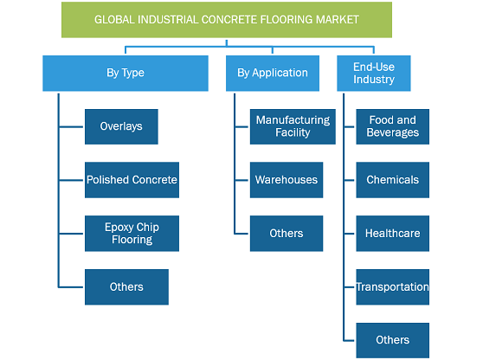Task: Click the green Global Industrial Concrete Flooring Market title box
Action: [227, 20]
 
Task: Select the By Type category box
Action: [126, 74]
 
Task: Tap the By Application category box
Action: [273, 74]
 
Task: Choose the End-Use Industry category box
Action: [374, 74]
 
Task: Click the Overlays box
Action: [121, 126]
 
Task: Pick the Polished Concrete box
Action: [132, 180]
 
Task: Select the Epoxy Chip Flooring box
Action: [132, 234]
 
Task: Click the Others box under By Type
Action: [126, 287]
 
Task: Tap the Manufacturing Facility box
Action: [293, 126]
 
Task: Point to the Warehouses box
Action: [287, 180]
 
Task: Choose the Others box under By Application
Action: [287, 234]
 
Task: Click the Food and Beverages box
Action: [393, 126]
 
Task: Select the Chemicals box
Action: [393, 180]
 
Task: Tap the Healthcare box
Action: [393, 234]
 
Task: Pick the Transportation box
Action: [393, 287]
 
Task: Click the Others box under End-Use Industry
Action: [393, 340]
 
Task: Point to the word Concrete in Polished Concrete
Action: [155, 179]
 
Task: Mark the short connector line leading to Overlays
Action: [71, 126]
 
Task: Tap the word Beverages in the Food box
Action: [393, 132]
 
